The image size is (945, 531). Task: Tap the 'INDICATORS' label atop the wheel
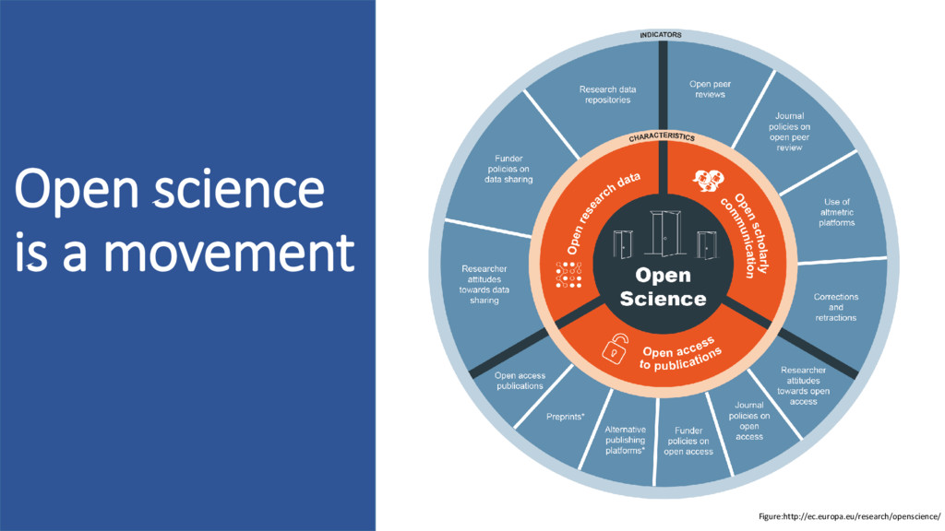coord(661,35)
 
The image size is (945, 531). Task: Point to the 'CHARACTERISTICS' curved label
coord(662,137)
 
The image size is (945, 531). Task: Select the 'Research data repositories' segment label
coord(607,94)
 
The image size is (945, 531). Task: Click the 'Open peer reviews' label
coord(710,88)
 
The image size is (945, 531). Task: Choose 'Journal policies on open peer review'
coord(789,132)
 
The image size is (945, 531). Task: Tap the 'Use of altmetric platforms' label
coord(836,211)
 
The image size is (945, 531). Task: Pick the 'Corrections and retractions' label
coord(835,307)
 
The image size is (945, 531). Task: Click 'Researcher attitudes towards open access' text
coord(803,385)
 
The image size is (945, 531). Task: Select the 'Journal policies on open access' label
coord(749,420)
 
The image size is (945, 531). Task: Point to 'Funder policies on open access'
coord(688,441)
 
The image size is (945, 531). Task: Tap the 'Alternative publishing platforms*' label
coord(625,440)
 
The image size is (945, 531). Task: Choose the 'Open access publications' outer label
coord(520,380)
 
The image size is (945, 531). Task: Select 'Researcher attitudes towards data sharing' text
coord(484,284)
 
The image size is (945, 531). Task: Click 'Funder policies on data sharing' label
coord(506,169)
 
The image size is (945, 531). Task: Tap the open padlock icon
coord(616,348)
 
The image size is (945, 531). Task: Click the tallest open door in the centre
coord(664,234)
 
